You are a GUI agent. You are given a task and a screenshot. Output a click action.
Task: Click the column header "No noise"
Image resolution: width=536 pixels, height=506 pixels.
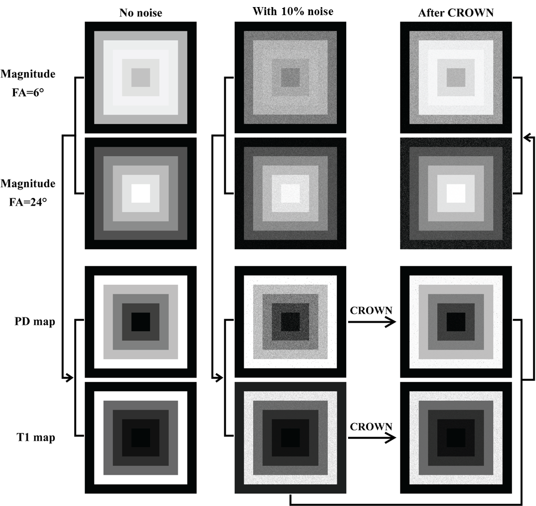pyautogui.click(x=140, y=13)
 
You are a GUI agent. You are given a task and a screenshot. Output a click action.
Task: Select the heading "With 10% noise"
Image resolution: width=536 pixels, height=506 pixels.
pyautogui.click(x=293, y=11)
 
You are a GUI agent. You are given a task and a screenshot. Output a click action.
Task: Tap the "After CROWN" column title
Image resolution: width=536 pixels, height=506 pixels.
pyautogui.click(x=456, y=13)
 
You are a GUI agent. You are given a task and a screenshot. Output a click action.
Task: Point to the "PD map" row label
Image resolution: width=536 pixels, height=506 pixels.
pyautogui.click(x=34, y=322)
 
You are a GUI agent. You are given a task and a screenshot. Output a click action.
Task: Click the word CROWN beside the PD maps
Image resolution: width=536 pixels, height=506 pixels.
pyautogui.click(x=371, y=311)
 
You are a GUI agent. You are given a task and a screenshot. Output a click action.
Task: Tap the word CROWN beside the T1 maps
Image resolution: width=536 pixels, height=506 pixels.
pyautogui.click(x=371, y=427)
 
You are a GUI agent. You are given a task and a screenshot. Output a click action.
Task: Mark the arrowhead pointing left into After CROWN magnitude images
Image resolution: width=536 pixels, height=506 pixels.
pyautogui.click(x=527, y=137)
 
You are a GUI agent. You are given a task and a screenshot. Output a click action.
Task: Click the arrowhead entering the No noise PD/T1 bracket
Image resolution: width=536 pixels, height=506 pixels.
pyautogui.click(x=69, y=378)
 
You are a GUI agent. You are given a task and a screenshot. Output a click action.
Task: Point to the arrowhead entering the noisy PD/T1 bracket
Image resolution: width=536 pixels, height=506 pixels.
pyautogui.click(x=219, y=378)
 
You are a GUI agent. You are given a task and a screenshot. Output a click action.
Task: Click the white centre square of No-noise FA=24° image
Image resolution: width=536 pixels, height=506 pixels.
pyautogui.click(x=140, y=193)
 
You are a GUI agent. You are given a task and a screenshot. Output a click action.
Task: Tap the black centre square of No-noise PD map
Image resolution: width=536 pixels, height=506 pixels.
pyautogui.click(x=140, y=322)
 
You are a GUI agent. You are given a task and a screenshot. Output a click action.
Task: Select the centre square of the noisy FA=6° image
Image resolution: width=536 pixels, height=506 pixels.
pyautogui.click(x=290, y=77)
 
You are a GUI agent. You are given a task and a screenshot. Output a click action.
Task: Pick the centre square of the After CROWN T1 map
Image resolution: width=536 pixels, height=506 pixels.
pyautogui.click(x=456, y=438)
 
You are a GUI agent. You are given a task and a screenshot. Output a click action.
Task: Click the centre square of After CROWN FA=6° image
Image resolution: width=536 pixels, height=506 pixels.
pyautogui.click(x=456, y=77)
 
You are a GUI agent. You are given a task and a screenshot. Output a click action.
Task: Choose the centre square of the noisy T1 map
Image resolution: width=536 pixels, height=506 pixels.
pyautogui.click(x=290, y=438)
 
